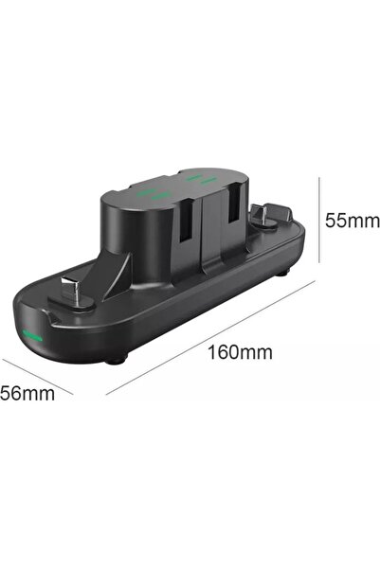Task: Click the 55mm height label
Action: click(x=352, y=221)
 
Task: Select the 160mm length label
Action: click(x=240, y=352)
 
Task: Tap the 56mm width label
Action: click(x=27, y=393)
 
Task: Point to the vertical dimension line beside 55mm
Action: click(x=319, y=220)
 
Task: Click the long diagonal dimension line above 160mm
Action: click(x=210, y=337)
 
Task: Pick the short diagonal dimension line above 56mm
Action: click(x=38, y=377)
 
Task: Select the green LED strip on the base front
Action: click(x=32, y=336)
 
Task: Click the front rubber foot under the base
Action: click(x=116, y=361)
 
